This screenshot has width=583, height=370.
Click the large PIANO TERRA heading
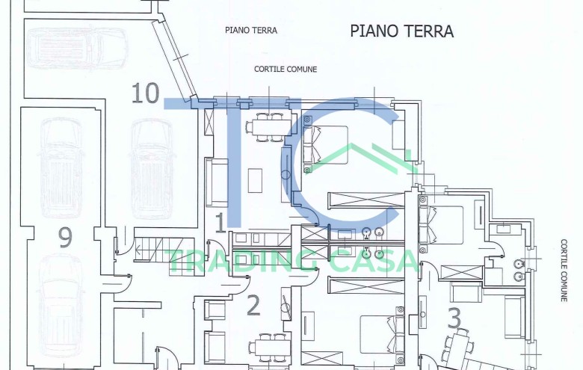coord(401,31)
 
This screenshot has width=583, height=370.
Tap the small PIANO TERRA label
coord(251,31)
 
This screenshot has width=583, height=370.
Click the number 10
coord(145,93)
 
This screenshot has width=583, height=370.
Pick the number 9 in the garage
coord(65,238)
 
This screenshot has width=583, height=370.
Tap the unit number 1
coord(220,222)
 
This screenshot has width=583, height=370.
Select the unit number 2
coord(253,305)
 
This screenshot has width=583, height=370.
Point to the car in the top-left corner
coord(67,48)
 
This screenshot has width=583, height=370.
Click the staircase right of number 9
coord(149,247)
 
